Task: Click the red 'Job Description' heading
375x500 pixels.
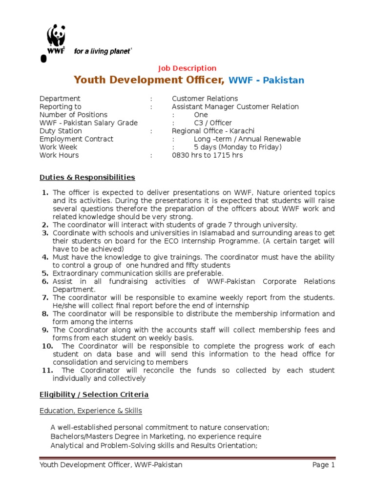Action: click(187, 68)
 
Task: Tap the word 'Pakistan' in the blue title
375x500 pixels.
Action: click(283, 80)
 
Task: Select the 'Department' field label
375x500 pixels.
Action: click(60, 99)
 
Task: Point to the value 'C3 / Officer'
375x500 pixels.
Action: click(213, 123)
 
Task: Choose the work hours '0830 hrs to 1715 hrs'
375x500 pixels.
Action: click(207, 155)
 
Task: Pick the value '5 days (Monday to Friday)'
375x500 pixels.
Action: click(238, 147)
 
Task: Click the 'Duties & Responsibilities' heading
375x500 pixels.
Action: click(87, 177)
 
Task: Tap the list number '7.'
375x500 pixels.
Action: click(45, 297)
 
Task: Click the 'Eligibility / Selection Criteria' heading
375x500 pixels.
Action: click(94, 394)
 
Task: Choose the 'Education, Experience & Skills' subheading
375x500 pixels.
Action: click(91, 411)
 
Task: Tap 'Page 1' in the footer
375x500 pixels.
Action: click(324, 465)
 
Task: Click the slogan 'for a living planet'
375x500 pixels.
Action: click(102, 51)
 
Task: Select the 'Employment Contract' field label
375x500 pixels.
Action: click(77, 139)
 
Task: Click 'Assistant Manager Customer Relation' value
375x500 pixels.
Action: click(235, 107)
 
